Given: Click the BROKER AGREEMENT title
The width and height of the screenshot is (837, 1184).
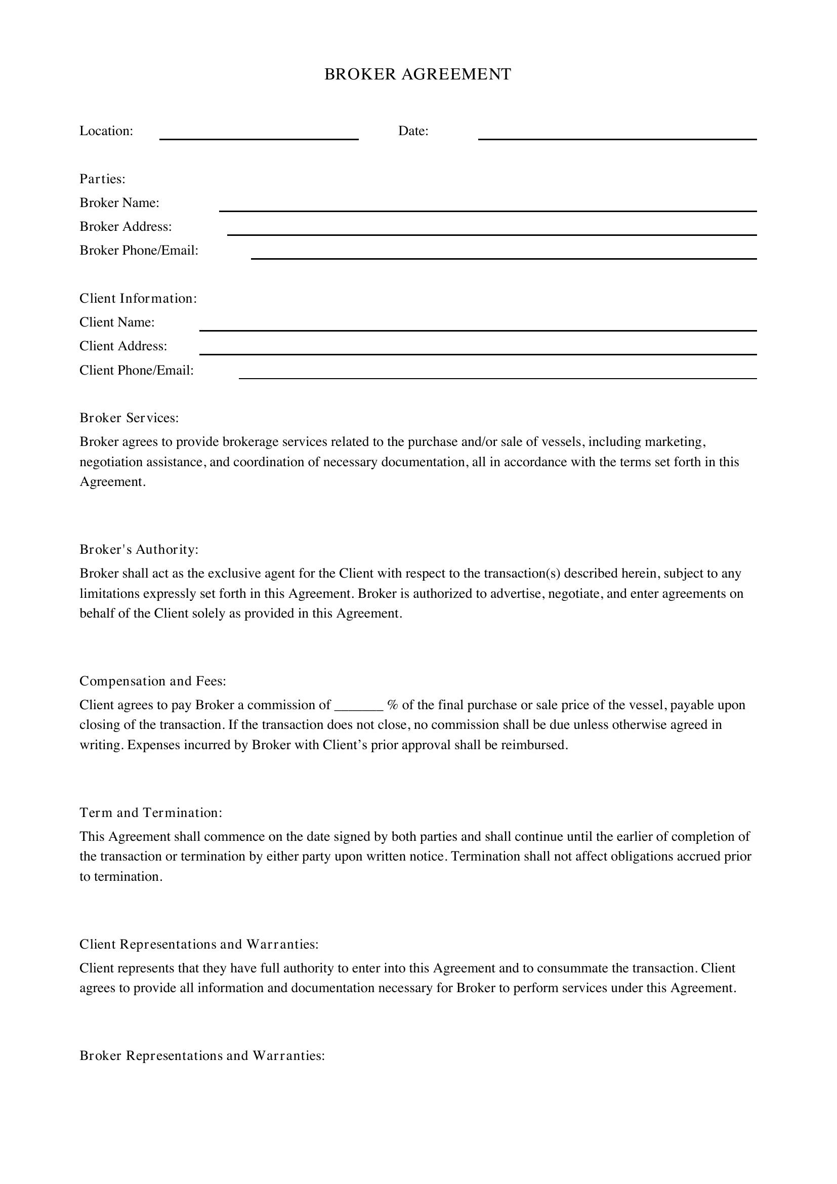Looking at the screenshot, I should (417, 74).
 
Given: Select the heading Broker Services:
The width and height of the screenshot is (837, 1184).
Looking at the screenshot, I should (129, 418).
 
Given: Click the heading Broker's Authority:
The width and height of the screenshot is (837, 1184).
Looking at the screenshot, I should (139, 550).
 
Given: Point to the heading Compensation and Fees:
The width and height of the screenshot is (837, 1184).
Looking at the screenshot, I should (152, 681).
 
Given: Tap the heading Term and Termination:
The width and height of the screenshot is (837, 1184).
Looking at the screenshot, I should (150, 813).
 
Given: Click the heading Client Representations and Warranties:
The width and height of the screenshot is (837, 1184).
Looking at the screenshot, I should (199, 944).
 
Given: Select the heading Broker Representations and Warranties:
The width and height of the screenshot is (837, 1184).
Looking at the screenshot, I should (202, 1055).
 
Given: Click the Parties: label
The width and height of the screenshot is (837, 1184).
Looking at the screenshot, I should (102, 179).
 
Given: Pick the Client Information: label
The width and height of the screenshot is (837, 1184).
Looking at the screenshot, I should (138, 299).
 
